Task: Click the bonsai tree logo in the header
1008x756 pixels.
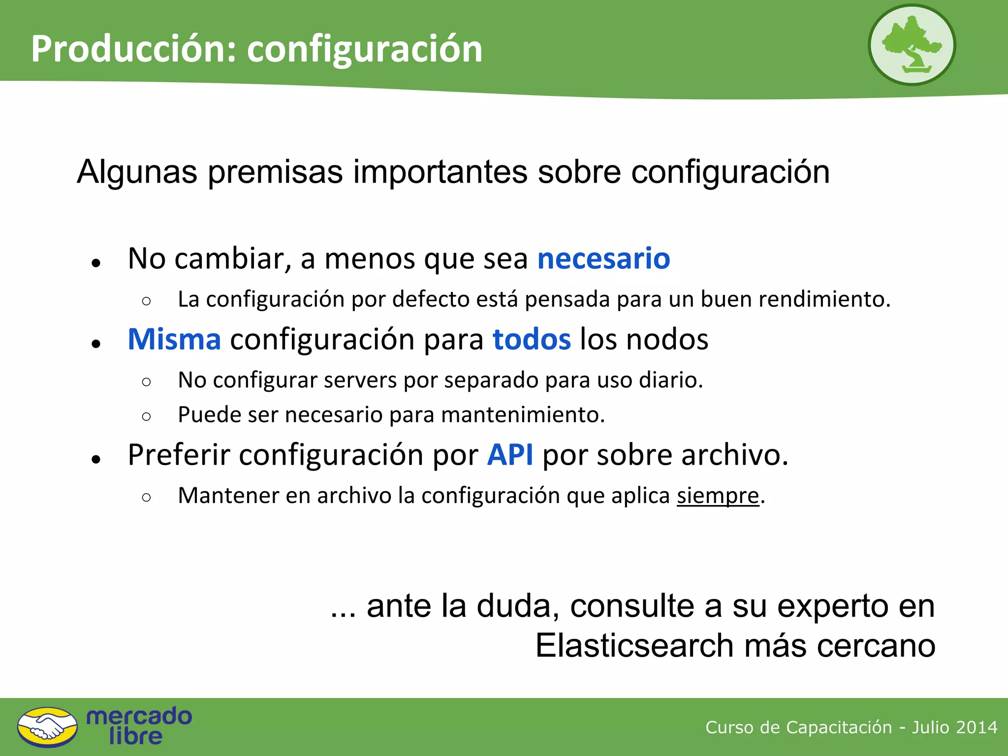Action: coord(912,45)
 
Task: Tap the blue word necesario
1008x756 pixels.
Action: coord(603,259)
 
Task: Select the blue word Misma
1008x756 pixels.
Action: coord(174,340)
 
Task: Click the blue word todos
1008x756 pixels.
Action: coord(532,340)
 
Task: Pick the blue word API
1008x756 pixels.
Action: coord(510,455)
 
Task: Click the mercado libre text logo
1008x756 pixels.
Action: coord(139,726)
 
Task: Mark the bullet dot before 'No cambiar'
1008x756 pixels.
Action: coord(96,263)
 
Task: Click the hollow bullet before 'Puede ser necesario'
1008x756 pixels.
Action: coord(146,417)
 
